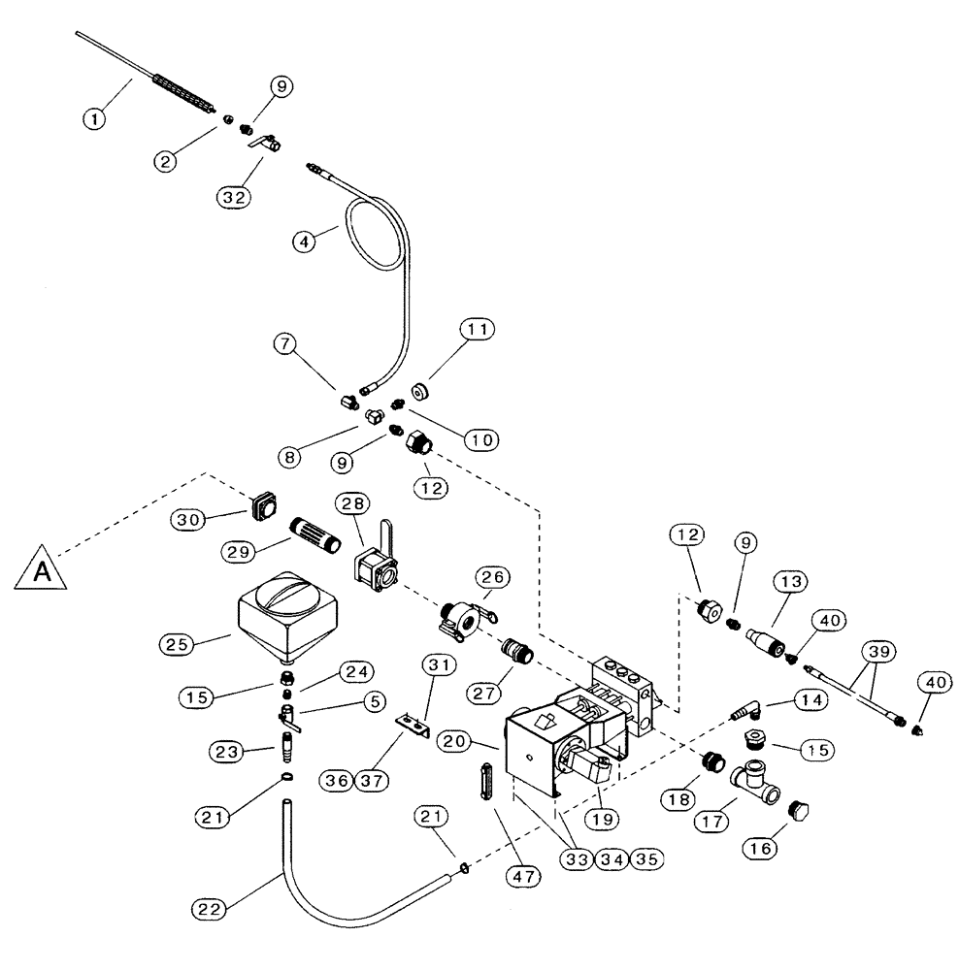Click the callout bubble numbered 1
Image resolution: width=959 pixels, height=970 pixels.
pyautogui.click(x=93, y=119)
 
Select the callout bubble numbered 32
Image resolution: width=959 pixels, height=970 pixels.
pyautogui.click(x=233, y=197)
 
